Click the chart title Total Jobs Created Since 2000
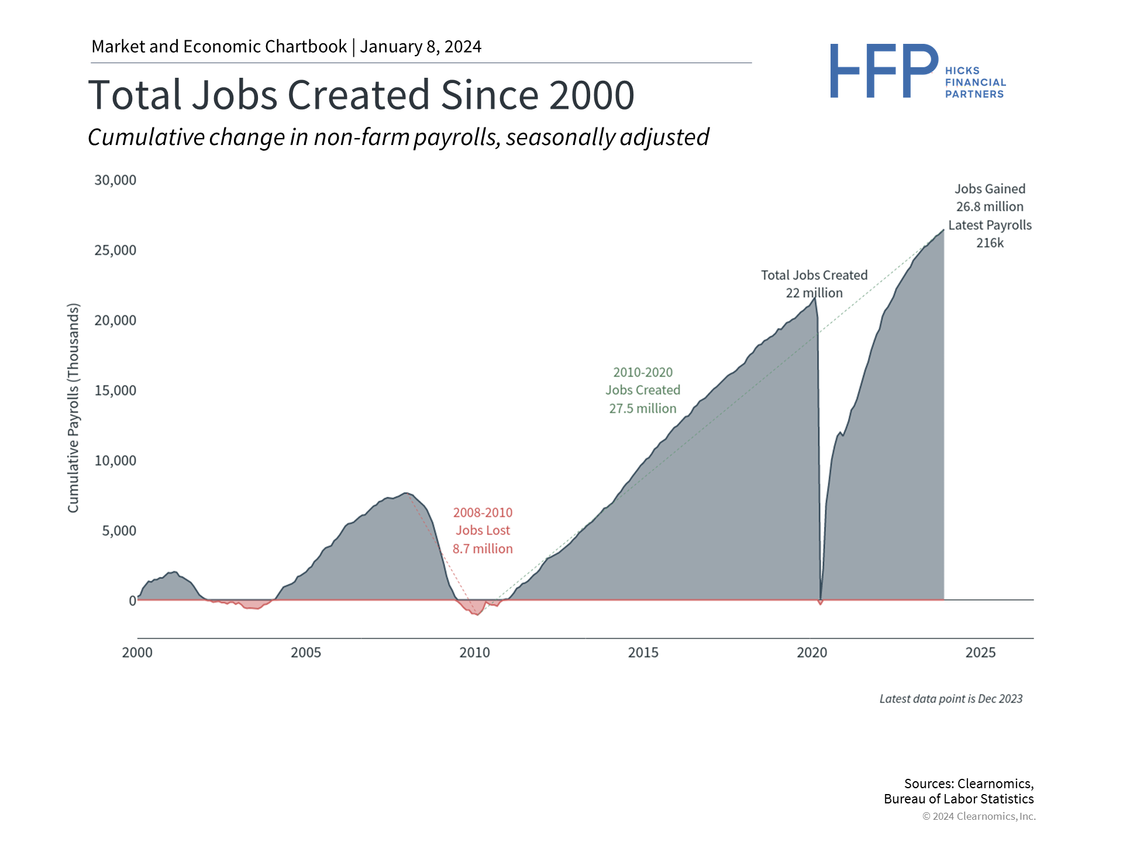point(361,95)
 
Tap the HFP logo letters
point(883,71)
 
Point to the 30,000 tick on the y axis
point(115,180)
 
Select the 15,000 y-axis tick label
point(115,391)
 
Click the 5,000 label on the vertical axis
point(119,531)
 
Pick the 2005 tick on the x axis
point(306,653)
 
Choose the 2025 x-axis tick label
point(980,653)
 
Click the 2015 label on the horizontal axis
point(643,653)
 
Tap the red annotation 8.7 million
point(483,549)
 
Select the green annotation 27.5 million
point(643,409)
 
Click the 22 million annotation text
point(814,293)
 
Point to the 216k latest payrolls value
point(990,243)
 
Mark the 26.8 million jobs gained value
point(990,207)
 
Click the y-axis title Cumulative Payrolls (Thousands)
point(73,408)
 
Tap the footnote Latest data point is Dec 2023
point(951,699)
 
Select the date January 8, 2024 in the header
point(421,47)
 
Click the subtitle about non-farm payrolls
point(398,137)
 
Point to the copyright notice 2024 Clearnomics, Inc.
point(979,816)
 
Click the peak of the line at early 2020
point(815,298)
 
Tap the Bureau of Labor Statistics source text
point(959,799)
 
